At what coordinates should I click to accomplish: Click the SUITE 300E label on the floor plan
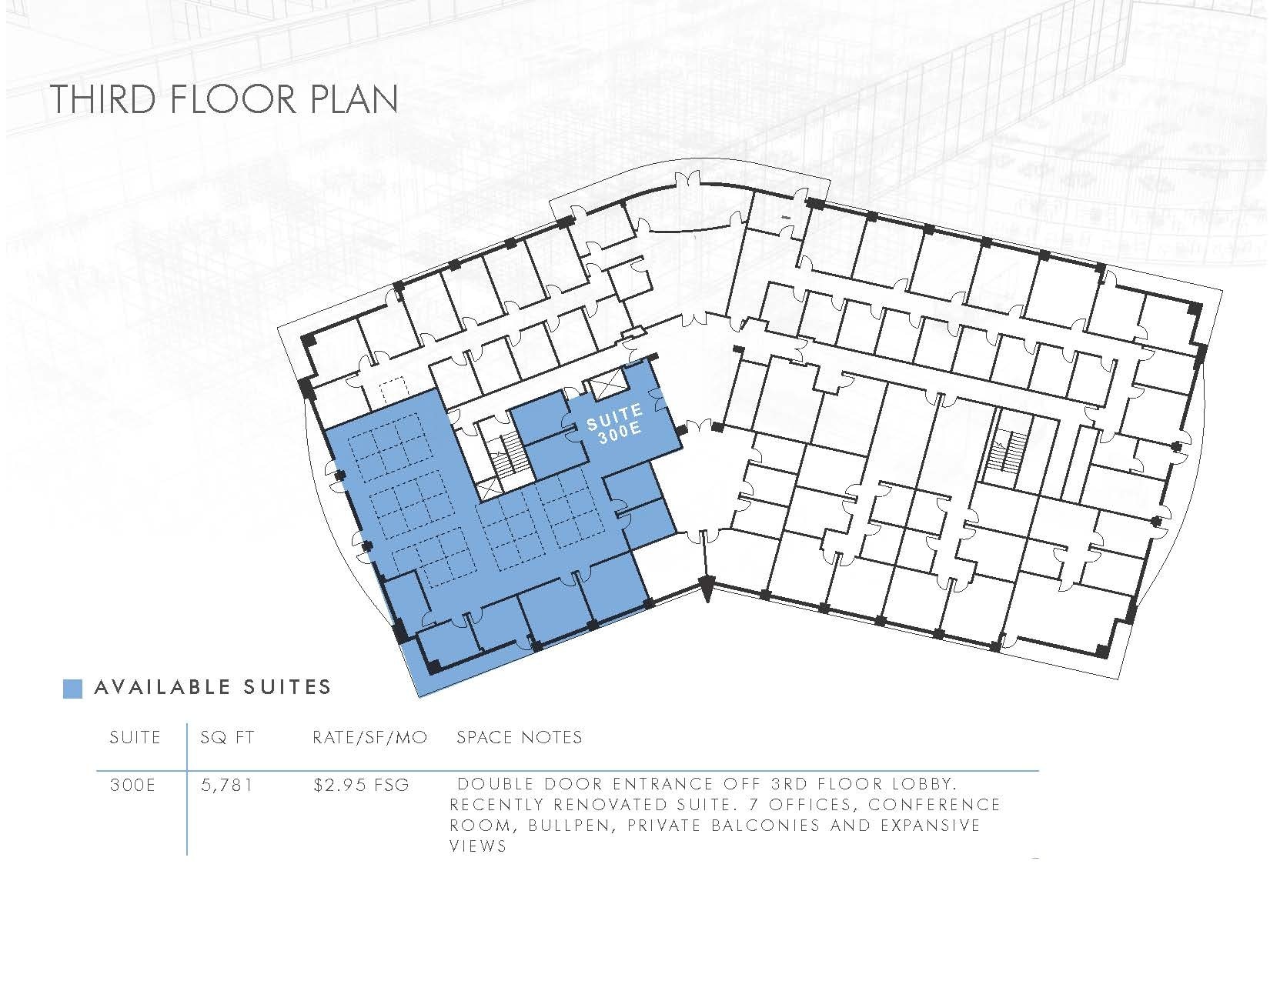(614, 428)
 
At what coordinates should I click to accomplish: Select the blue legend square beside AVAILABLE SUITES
(72, 688)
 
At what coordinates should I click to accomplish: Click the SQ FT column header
(226, 738)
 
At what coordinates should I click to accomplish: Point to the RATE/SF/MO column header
(369, 738)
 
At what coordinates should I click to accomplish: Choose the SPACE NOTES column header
(520, 738)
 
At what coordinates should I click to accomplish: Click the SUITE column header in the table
(135, 738)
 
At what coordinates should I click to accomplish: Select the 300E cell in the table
(132, 786)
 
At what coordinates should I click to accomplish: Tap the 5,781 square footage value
(226, 786)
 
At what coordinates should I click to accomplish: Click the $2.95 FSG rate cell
(361, 786)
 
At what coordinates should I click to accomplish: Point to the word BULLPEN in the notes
(560, 826)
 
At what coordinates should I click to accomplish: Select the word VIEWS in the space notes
(477, 847)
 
